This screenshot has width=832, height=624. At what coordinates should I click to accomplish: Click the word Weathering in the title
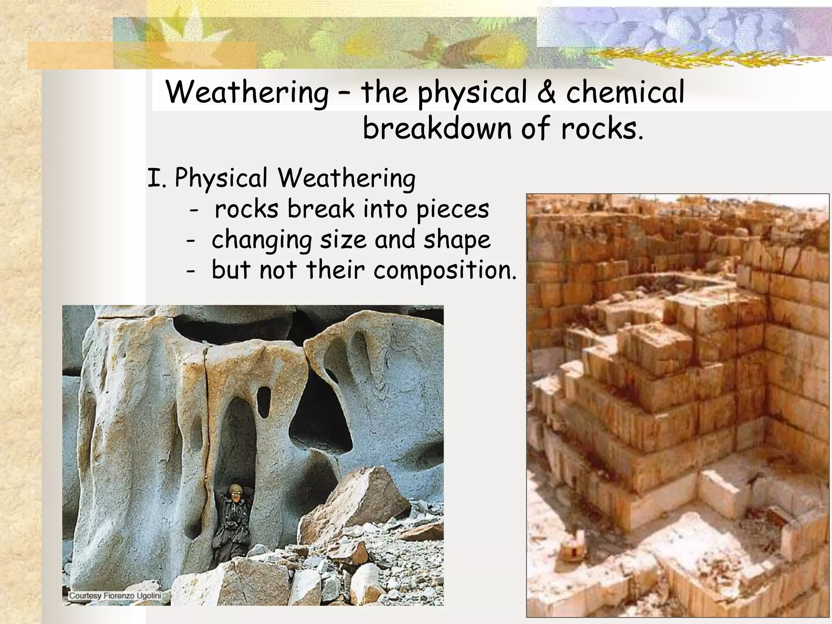coord(247,93)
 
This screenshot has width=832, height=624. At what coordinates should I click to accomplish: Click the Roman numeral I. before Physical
coord(156,178)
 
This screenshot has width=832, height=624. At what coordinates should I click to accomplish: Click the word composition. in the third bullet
coord(445,271)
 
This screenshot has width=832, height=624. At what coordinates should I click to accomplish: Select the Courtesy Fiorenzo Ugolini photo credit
coord(115,596)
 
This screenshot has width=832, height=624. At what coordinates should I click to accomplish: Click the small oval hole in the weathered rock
coord(264,402)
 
